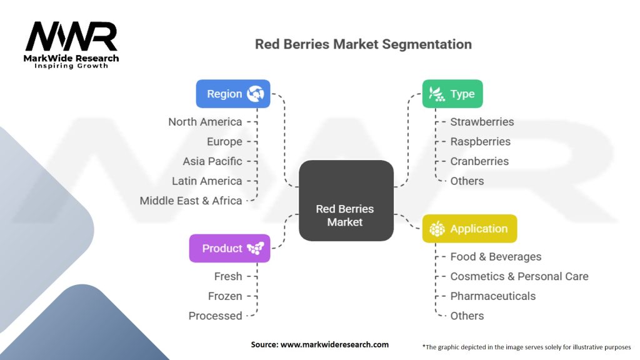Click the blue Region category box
click(232, 94)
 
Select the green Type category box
click(452, 94)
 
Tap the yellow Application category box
click(469, 229)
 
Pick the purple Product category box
click(229, 248)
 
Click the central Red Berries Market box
click(346, 215)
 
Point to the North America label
click(205, 122)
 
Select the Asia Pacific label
click(212, 161)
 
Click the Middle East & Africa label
click(191, 201)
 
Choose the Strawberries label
click(482, 122)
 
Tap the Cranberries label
click(479, 161)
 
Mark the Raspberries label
click(480, 142)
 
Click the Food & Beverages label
click(496, 257)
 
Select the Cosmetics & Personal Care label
click(519, 276)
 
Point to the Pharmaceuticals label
click(492, 296)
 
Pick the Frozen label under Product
click(225, 296)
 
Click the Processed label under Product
click(216, 316)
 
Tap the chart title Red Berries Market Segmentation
click(363, 44)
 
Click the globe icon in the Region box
click(256, 94)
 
